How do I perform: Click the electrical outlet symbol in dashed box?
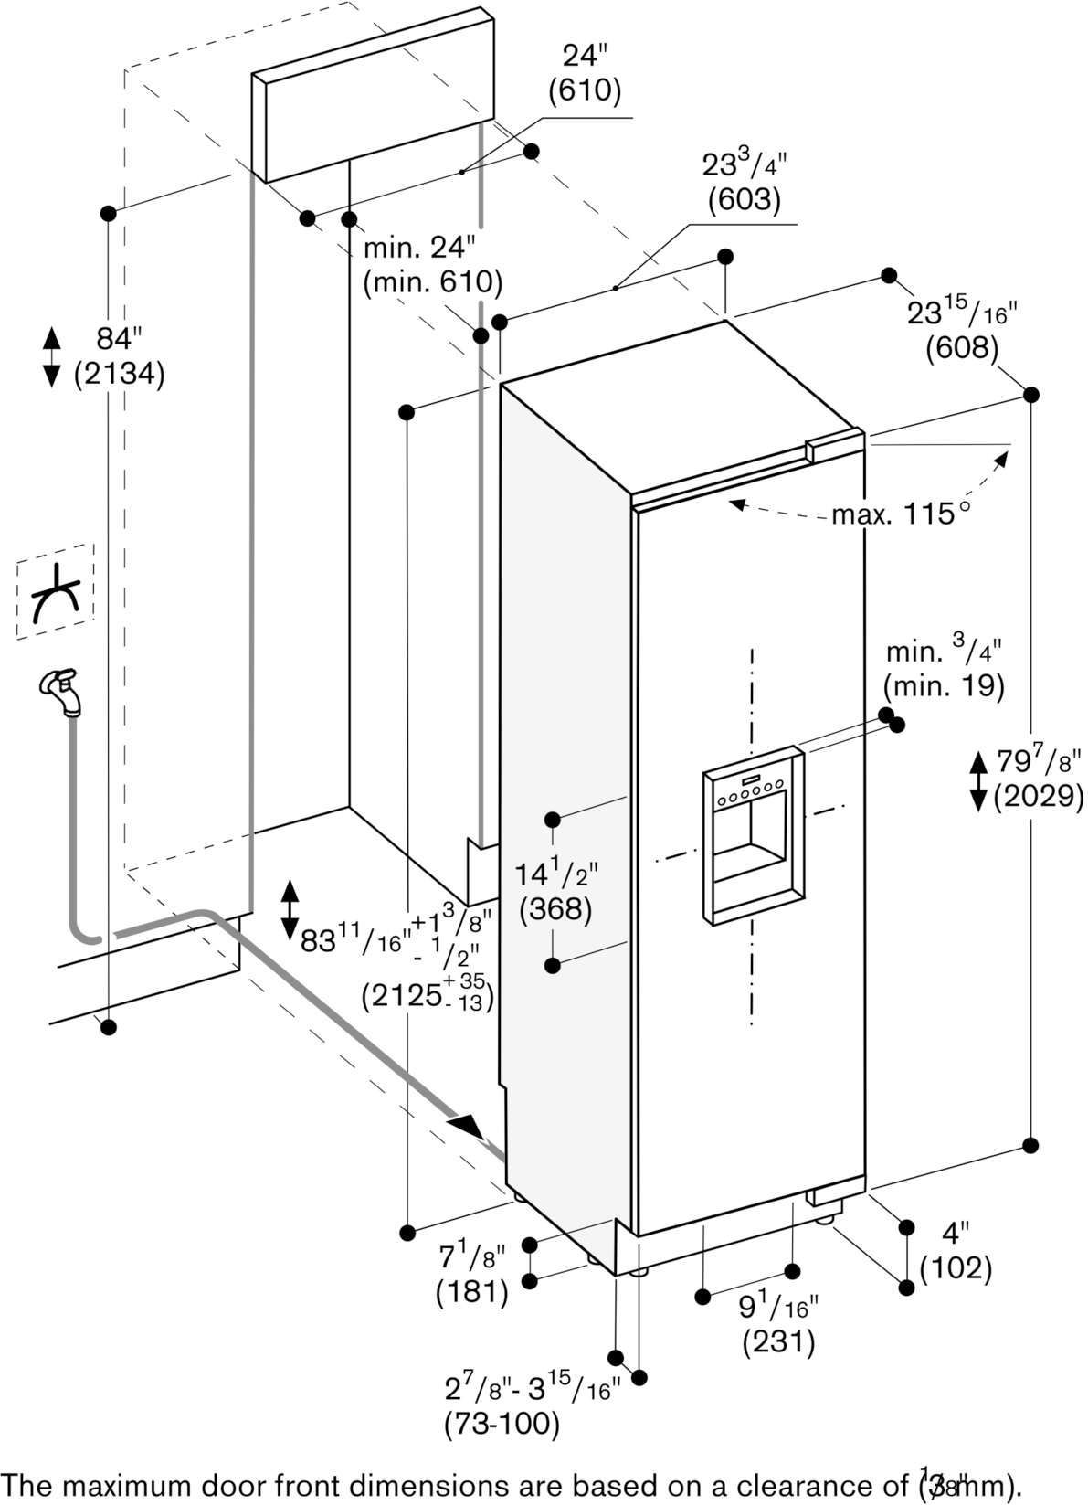[55, 592]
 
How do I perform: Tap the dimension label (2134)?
[119, 374]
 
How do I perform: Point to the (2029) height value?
[1039, 797]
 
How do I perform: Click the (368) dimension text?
[555, 910]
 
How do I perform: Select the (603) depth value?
[745, 198]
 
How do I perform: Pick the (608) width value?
[962, 347]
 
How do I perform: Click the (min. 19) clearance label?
[944, 685]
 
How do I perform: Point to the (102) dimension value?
[956, 1267]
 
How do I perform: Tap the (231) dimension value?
[778, 1341]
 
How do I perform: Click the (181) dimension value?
[471, 1291]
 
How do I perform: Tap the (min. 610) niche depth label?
[432, 282]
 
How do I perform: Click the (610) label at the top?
[585, 90]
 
